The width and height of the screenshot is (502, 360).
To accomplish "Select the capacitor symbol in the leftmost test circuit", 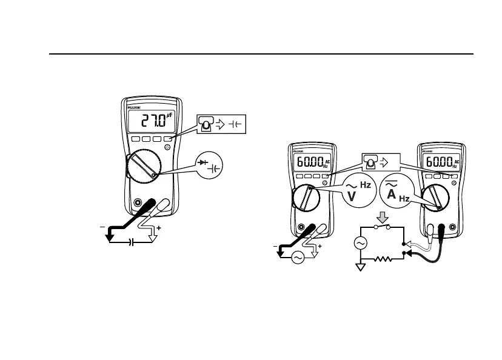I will pos(131,241).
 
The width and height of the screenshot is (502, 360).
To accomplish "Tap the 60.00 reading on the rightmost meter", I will pos(437,162).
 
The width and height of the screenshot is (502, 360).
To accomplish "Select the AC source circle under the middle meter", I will pos(298,257).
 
